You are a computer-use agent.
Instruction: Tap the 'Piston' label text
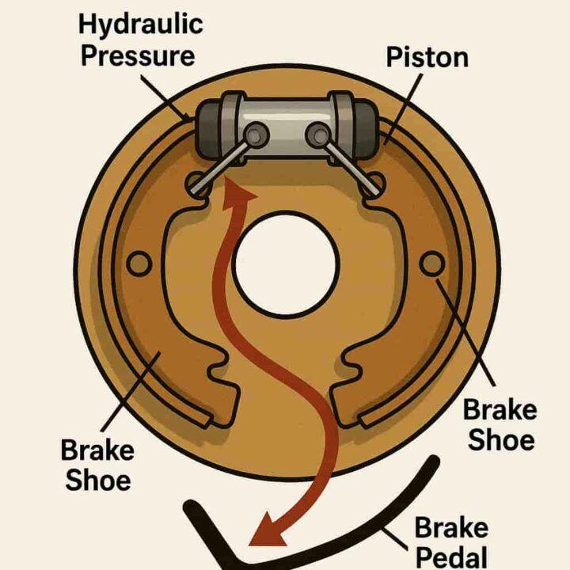[x=427, y=57]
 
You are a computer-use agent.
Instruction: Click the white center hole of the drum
[x=286, y=262]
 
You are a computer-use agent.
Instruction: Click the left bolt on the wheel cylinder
[x=253, y=135]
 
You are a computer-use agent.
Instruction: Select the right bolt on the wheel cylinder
[x=318, y=135]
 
